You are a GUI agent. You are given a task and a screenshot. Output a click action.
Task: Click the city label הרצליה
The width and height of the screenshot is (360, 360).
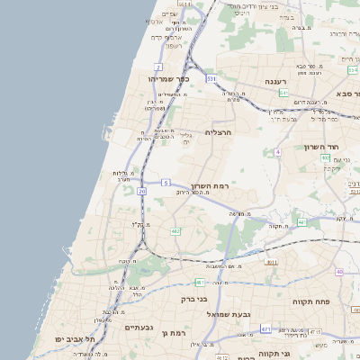point(219,131)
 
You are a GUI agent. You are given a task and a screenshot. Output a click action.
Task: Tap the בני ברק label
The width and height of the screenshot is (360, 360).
point(194,298)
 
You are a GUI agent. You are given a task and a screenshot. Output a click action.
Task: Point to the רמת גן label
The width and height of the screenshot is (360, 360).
point(171,333)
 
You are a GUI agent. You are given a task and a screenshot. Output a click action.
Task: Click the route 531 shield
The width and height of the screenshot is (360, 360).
point(211,79)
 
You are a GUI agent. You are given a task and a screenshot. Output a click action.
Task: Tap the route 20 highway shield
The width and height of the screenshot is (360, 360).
point(142,191)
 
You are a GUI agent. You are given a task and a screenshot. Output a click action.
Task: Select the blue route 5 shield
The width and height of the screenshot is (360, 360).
point(166,183)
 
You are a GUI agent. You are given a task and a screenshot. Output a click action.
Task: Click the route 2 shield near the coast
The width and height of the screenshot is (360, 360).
point(158,67)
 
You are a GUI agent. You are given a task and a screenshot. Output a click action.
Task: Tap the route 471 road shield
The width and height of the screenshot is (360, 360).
point(265,330)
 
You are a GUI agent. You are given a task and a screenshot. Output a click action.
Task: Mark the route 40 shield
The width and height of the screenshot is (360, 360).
point(339,272)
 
